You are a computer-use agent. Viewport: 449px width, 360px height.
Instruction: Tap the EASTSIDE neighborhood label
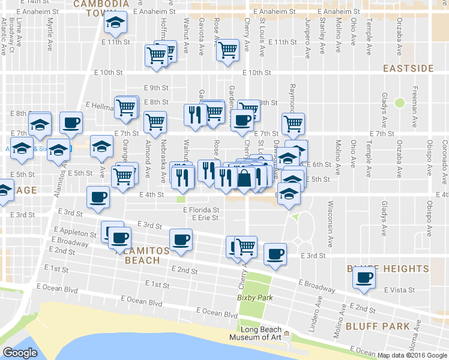pos(408,68)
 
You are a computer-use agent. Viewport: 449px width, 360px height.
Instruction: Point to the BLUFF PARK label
pos(378,326)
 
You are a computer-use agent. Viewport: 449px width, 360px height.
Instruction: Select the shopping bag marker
pos(245,178)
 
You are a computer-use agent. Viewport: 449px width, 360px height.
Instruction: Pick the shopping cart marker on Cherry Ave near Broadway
pos(245,246)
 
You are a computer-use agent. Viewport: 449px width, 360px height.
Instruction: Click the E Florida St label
pos(201,210)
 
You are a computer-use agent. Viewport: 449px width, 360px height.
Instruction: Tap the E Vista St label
pos(399,290)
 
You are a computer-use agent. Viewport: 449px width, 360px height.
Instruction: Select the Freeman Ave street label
pos(415,108)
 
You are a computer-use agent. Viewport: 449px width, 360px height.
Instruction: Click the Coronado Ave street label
pos(445,157)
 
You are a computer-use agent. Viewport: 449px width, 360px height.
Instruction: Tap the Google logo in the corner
pos(20,352)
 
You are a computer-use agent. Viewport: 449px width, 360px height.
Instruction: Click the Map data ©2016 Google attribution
pos(412,355)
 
